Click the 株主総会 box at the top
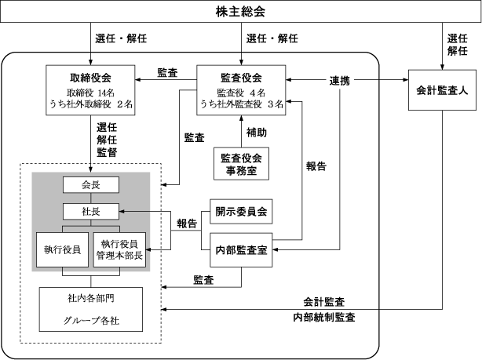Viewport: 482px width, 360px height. click(241, 11)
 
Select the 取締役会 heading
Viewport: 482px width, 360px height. click(90, 78)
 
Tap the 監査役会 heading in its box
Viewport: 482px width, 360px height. click(241, 78)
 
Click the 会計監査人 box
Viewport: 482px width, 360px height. click(442, 90)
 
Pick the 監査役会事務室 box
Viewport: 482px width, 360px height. click(241, 164)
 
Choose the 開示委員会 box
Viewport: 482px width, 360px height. click(241, 211)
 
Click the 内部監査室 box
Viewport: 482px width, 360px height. click(241, 250)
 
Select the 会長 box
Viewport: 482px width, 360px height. click(91, 184)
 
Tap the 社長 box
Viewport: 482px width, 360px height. click(91, 211)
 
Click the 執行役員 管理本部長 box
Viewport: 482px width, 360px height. click(119, 249)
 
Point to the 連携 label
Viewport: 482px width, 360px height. click(340, 81)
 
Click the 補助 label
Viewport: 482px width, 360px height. click(257, 133)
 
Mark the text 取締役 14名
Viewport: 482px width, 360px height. click(90, 93)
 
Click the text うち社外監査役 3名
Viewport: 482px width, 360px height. click(242, 104)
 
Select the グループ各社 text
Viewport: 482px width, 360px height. click(91, 321)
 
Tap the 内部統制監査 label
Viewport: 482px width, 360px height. click(324, 317)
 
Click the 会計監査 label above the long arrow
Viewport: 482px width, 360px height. click(324, 302)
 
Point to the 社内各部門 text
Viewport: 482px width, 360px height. click(91, 298)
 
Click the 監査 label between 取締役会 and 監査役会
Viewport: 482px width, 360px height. click(167, 72)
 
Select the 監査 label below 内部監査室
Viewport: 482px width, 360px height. click(203, 280)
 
